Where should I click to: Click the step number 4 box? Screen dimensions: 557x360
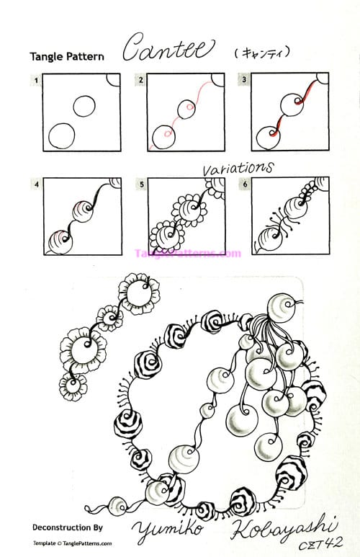(35, 184)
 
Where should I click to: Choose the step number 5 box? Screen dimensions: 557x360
(142, 184)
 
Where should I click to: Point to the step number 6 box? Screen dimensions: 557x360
(246, 184)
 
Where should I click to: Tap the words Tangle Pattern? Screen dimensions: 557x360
(67, 56)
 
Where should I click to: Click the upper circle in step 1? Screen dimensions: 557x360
(84, 106)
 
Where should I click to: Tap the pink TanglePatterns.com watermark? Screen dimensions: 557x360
(187, 253)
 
